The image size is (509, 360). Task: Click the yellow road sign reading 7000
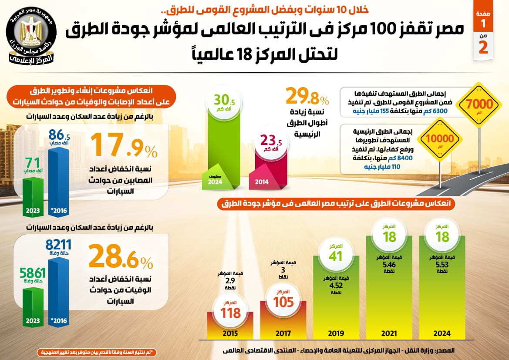(x=480, y=105)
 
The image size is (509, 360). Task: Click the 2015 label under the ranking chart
(x=230, y=333)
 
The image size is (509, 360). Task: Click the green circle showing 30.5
(x=224, y=103)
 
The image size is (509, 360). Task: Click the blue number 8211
(x=58, y=246)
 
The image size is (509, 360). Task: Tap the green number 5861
(x=32, y=273)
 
